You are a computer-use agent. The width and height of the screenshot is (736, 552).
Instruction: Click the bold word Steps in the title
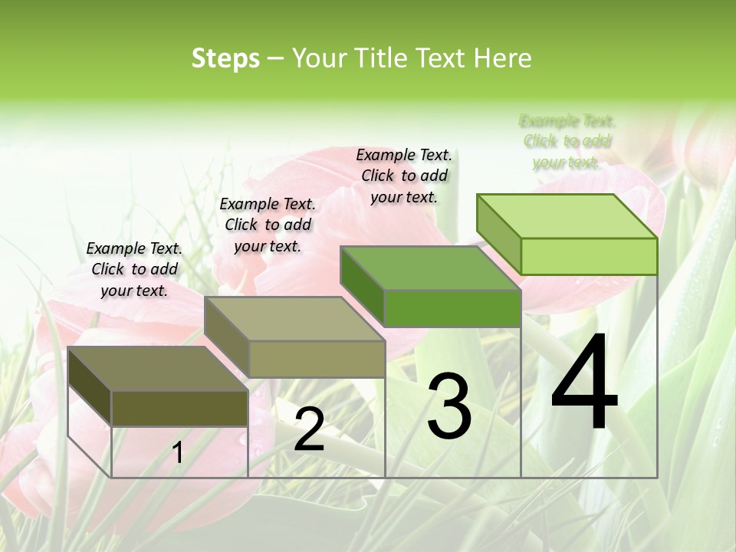[x=225, y=58]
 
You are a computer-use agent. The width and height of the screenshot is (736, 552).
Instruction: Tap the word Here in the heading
[x=503, y=58]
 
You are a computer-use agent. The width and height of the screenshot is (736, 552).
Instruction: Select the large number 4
[x=584, y=383]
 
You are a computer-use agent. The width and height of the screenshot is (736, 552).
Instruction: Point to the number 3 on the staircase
[x=449, y=406]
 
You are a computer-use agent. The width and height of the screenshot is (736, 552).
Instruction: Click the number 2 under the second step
[x=309, y=429]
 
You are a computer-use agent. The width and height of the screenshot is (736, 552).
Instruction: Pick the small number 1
[x=178, y=453]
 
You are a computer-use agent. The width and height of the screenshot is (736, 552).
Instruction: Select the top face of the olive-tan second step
[x=295, y=318]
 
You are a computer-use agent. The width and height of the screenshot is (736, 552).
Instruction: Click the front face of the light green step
[x=589, y=256]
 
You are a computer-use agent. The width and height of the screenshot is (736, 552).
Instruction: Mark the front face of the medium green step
[x=452, y=308]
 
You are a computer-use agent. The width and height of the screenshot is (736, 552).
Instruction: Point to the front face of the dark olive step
[x=179, y=408]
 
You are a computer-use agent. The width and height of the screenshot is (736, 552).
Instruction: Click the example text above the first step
[x=134, y=269]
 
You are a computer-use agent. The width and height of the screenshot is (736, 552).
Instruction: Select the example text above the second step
[x=268, y=225]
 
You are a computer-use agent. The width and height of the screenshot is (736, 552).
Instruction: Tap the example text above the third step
[x=404, y=176]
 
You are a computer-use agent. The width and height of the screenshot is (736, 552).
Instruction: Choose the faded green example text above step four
[x=567, y=141]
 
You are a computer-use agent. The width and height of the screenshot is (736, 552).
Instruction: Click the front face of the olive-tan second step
[x=317, y=359]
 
